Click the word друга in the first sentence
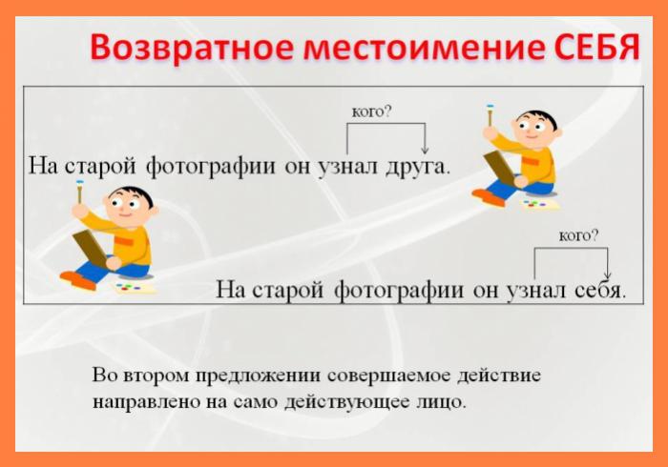418,167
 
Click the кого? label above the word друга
371,112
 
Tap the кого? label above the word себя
578,235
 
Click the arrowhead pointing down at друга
425,150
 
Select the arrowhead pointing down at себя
608,274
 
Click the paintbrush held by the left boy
79,192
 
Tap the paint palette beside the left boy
134,288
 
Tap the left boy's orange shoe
78,280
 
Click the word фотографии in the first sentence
211,166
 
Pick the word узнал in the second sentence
536,291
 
